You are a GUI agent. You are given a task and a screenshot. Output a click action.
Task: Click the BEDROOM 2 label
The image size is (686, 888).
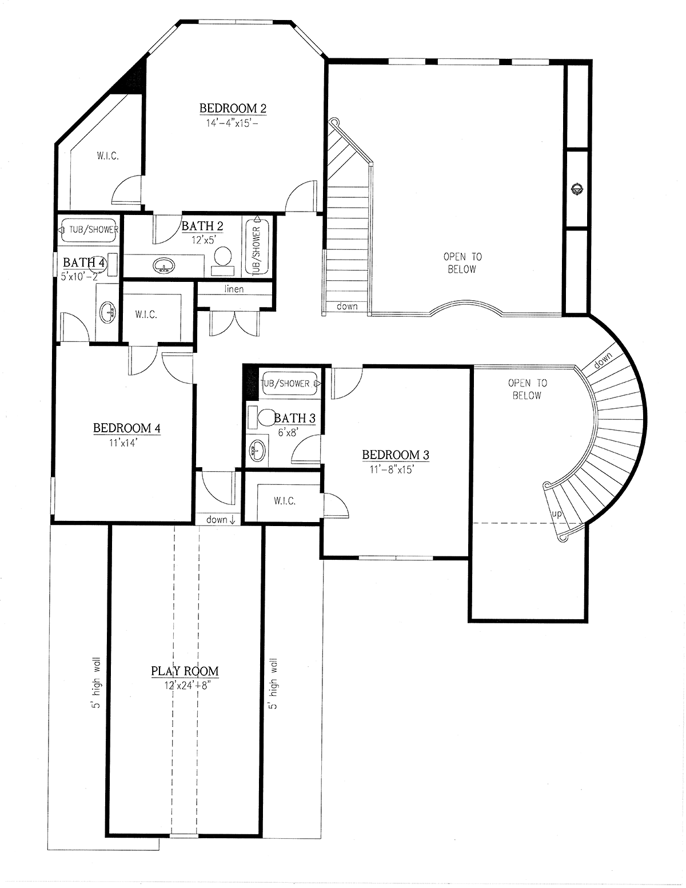click(x=233, y=108)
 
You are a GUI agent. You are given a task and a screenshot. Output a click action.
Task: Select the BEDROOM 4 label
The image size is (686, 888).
click(x=126, y=428)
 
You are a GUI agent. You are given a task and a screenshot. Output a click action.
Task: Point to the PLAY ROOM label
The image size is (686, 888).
click(x=185, y=671)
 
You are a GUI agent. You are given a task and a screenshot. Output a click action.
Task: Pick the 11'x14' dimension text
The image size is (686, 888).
click(x=126, y=442)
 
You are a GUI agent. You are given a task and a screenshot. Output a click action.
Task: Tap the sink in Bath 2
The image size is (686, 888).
click(x=165, y=265)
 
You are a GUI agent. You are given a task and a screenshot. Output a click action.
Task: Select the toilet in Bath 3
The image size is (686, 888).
click(x=266, y=417)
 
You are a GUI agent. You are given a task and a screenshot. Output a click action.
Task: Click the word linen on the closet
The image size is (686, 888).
click(x=234, y=289)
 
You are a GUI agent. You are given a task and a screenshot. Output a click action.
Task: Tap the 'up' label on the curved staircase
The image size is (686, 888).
click(x=556, y=514)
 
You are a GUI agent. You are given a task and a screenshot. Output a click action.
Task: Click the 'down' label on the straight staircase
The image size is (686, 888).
click(x=347, y=306)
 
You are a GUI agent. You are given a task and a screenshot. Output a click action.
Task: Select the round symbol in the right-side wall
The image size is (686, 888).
click(x=577, y=189)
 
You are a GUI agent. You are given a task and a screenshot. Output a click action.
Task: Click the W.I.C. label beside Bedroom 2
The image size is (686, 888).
click(x=107, y=156)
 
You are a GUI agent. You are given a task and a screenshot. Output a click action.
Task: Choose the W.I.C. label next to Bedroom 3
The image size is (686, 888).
click(x=285, y=501)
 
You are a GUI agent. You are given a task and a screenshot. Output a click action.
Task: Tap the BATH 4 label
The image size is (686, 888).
click(x=84, y=262)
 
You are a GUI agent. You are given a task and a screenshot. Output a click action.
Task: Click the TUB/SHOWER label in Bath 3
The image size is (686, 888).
click(x=286, y=383)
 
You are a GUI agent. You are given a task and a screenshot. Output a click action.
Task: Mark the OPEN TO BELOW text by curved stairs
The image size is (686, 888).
click(x=527, y=389)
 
